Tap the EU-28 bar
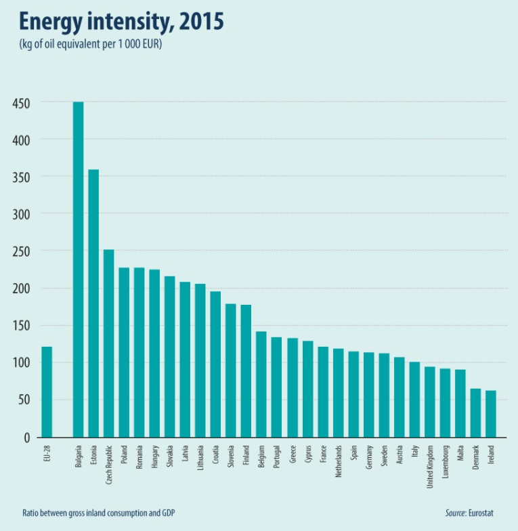click(x=47, y=392)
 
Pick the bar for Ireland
click(x=491, y=414)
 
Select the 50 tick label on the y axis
click(x=24, y=400)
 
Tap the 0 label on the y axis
click(x=28, y=437)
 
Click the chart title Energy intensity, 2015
click(x=121, y=22)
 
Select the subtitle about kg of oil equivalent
click(x=89, y=45)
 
